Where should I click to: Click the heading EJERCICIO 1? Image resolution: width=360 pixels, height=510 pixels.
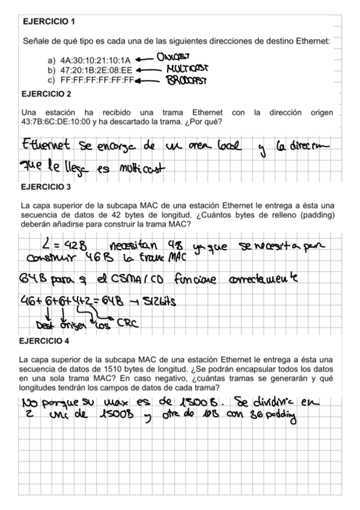coord(48,22)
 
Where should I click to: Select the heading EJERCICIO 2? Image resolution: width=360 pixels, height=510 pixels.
coord(48,94)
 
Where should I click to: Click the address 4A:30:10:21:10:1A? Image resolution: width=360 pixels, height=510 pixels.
coord(96,61)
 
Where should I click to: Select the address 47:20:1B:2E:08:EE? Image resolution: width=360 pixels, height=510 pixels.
coord(96,70)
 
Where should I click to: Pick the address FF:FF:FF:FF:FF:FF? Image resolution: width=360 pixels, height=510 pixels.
coord(96,79)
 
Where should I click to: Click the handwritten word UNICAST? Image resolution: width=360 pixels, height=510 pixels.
coord(174,58)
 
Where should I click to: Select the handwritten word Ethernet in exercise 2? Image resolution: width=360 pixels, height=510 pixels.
coord(48,147)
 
